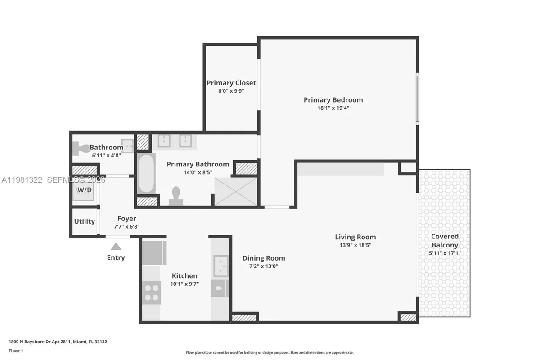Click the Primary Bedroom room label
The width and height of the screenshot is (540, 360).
pos(333,100)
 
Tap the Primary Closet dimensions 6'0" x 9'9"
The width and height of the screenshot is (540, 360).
pos(231,91)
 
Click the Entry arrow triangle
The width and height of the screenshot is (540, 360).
pos(116,246)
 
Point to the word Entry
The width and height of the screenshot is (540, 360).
pos(116,258)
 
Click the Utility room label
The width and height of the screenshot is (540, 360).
pos(84,221)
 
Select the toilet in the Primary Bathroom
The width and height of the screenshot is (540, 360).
pos(176,196)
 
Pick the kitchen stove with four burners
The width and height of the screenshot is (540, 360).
pos(152,292)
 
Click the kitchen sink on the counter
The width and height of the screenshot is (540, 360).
pos(220,265)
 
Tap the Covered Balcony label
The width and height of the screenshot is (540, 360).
pos(445,241)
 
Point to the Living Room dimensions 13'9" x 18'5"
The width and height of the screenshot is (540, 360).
pos(355,245)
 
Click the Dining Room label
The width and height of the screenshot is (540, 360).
pos(264,258)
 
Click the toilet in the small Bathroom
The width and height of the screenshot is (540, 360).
pos(81,148)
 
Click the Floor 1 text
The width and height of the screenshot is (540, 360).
pos(15,350)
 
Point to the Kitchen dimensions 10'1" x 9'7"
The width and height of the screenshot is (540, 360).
pos(184,284)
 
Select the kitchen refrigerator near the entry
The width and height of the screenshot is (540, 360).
pos(154,253)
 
